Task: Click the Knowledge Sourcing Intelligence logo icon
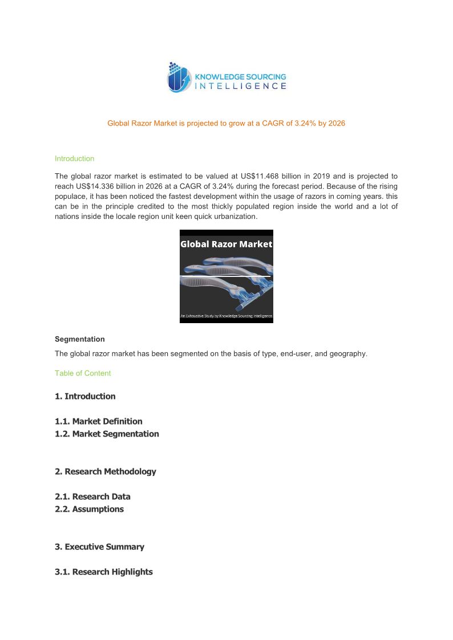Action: click(x=179, y=78)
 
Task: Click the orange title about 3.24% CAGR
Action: click(x=226, y=123)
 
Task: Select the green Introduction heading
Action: click(x=74, y=158)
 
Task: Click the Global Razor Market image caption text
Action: click(x=226, y=244)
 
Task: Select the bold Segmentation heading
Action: click(x=79, y=339)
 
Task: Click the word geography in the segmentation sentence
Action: click(x=349, y=353)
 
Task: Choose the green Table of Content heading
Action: click(x=83, y=373)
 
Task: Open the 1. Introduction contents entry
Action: click(x=85, y=396)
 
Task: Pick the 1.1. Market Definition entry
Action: click(x=99, y=421)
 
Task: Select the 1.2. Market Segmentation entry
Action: click(x=107, y=434)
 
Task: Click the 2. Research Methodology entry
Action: click(x=106, y=471)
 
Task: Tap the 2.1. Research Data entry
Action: click(x=92, y=496)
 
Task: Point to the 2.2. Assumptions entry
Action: click(x=89, y=509)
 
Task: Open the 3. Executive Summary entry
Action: click(x=99, y=547)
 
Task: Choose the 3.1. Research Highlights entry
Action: click(x=104, y=572)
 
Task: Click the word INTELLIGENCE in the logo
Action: click(x=241, y=86)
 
